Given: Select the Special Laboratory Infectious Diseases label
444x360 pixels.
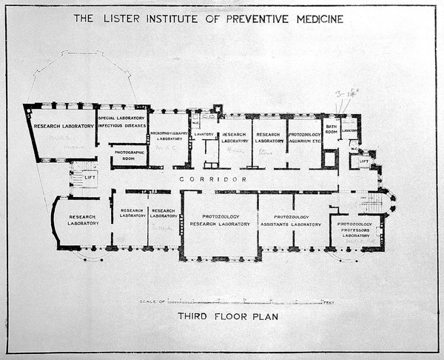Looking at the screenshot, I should click(122, 121).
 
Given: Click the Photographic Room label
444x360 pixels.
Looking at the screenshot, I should click(129, 155).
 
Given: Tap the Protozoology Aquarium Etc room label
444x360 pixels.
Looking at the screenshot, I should click(304, 138).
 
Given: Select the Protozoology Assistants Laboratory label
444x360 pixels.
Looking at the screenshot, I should click(295, 221).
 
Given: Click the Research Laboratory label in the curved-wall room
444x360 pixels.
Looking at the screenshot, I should click(82, 220).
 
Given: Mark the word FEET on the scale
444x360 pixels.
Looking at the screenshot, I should click(329, 302).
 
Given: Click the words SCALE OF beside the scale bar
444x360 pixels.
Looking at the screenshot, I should click(152, 302).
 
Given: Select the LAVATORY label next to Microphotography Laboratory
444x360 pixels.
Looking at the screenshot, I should click(204, 134).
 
